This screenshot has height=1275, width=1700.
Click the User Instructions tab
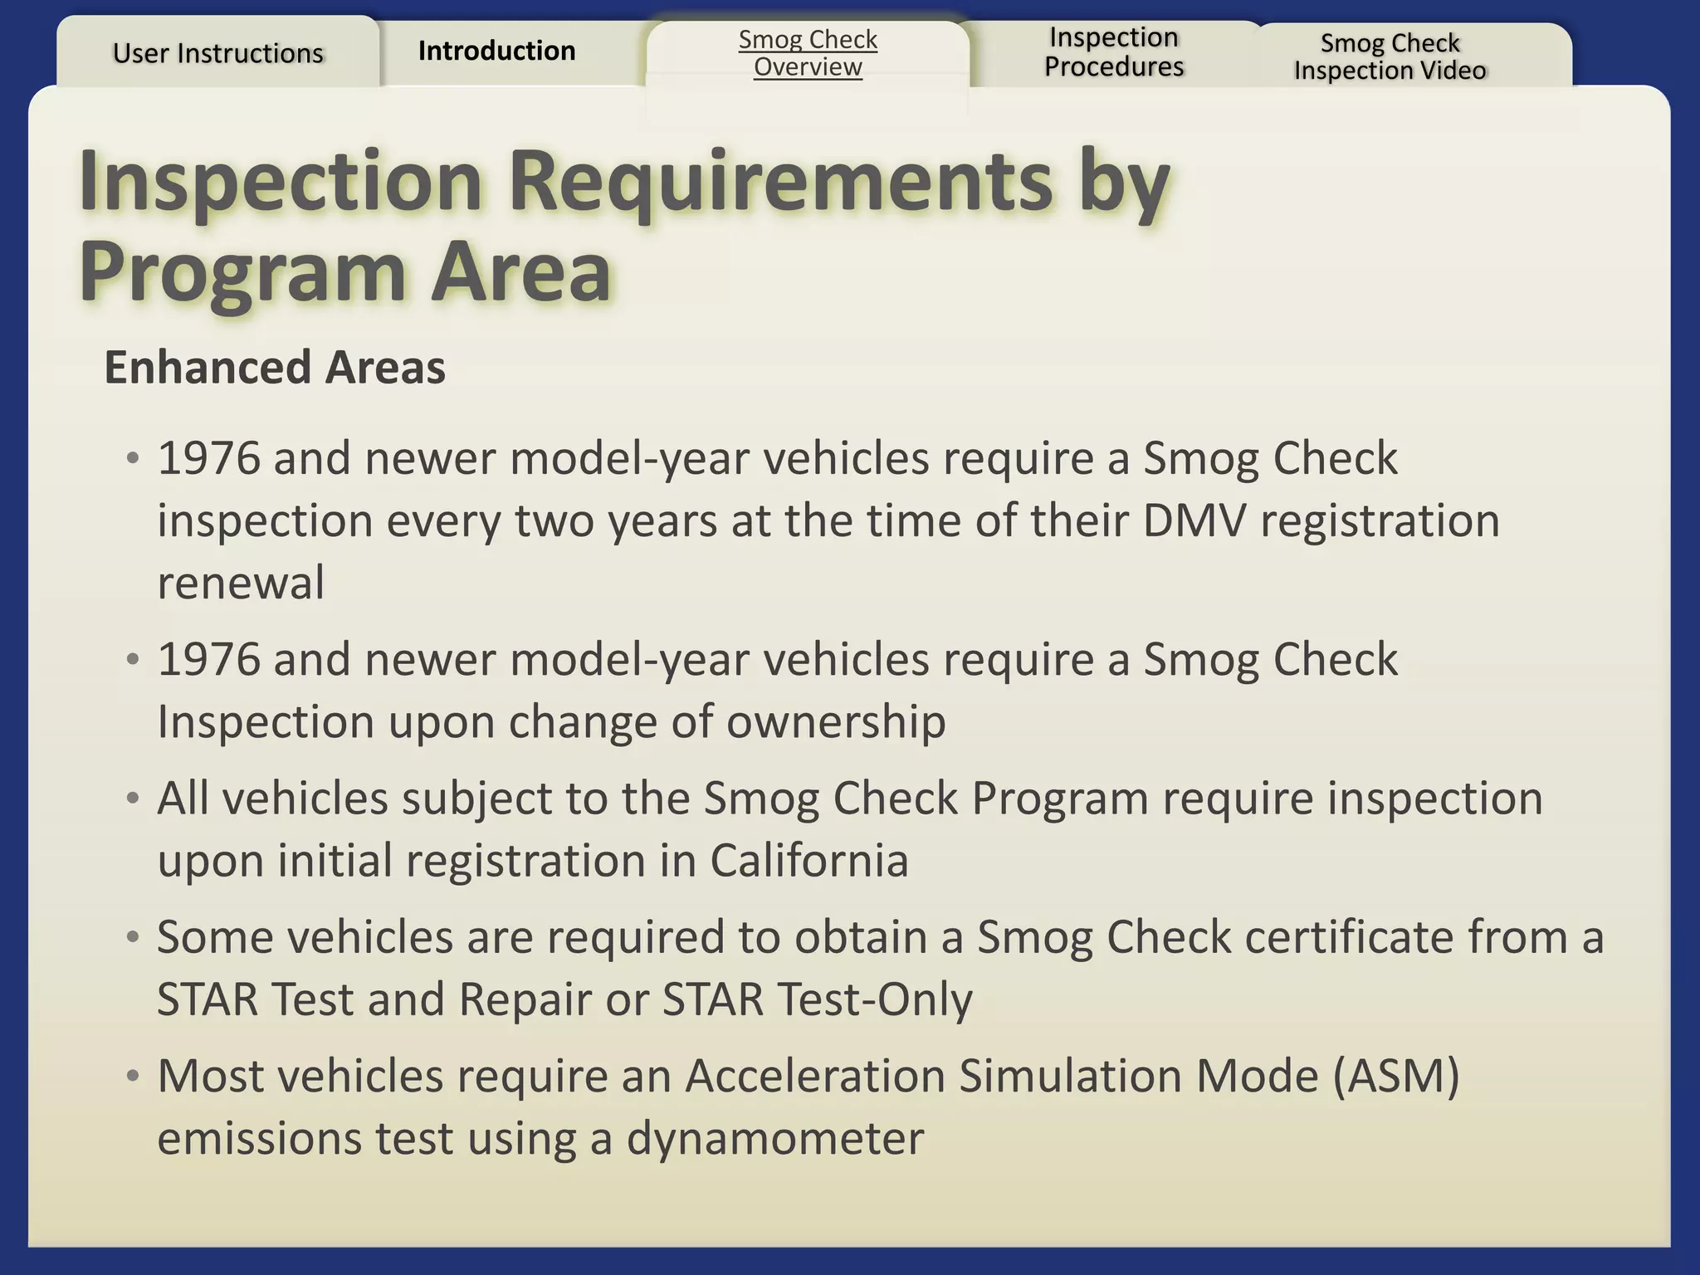pos(217,53)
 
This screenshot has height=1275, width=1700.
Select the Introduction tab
pos(496,51)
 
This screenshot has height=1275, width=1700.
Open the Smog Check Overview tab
pos(808,53)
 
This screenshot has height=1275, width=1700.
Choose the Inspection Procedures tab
pos(1114,51)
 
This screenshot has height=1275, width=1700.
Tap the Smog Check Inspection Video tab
pos(1390,56)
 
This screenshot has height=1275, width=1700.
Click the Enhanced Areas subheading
pos(275,368)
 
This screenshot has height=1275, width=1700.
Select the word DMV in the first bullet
pos(1194,521)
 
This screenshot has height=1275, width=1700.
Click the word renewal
pos(241,583)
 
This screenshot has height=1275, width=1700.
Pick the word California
pos(808,860)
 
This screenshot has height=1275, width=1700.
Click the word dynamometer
pos(774,1138)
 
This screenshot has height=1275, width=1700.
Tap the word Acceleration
pos(815,1077)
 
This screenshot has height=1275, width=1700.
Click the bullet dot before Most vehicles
pos(132,1077)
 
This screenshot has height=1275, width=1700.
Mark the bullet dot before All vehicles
pos(132,799)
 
